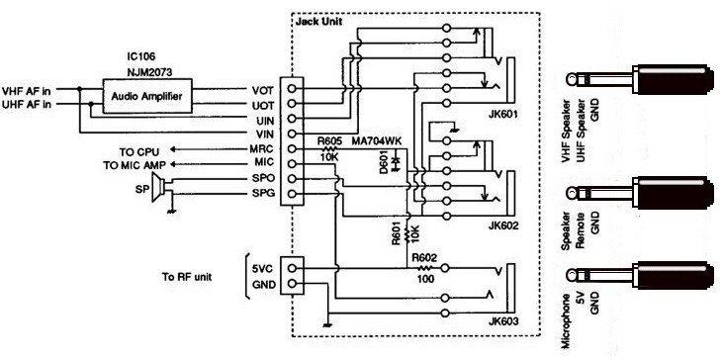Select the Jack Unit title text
coord(317,21)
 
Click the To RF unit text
coord(196,278)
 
